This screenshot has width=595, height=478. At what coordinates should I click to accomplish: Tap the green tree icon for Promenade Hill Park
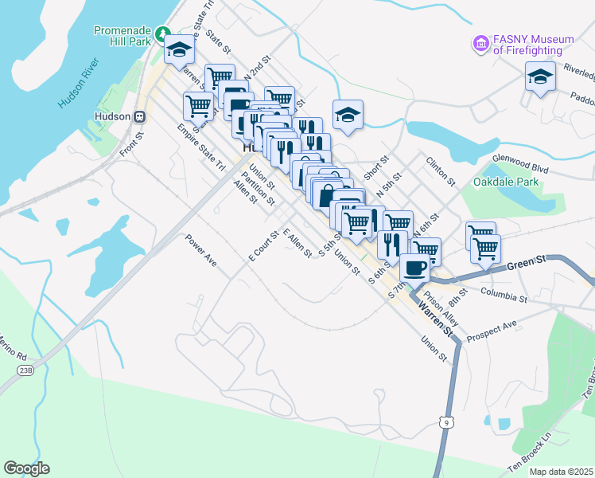[163, 34]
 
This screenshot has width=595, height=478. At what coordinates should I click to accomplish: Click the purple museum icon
[480, 44]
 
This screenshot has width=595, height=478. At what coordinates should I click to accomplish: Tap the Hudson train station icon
[140, 116]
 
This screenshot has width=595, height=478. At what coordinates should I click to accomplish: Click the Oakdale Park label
[506, 182]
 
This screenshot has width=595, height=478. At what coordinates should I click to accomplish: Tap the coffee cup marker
[414, 268]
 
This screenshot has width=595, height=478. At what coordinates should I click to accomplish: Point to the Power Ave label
[200, 250]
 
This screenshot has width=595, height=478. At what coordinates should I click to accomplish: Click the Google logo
[26, 468]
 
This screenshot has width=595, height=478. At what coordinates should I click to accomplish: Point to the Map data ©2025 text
[562, 472]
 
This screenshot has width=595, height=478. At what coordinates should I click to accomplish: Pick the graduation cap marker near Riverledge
[540, 77]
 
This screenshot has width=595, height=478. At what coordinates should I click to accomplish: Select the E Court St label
[262, 246]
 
